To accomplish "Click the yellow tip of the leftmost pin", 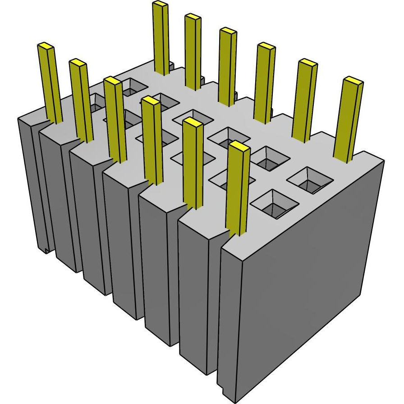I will tap(45, 46).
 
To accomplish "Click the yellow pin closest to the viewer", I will tap(238, 189).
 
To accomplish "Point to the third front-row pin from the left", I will tap(115, 119).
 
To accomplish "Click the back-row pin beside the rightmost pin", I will tap(306, 99).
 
